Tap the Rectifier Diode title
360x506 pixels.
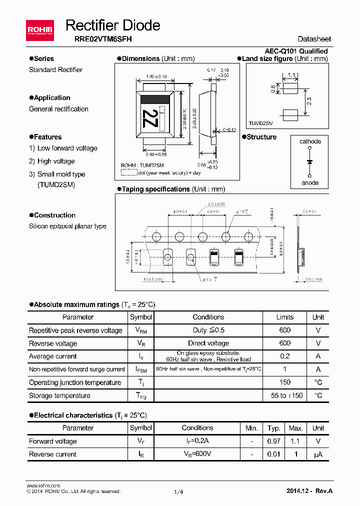pyautogui.click(x=113, y=25)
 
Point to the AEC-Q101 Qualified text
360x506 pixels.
pyautogui.click(x=296, y=51)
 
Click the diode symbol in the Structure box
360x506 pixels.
pyautogui.click(x=310, y=162)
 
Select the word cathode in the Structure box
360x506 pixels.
pyautogui.click(x=310, y=141)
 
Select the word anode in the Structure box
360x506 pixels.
pyautogui.click(x=310, y=182)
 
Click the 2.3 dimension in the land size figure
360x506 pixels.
pyautogui.click(x=309, y=101)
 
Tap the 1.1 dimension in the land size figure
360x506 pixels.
pyautogui.click(x=292, y=76)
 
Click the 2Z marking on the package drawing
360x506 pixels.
pyautogui.click(x=148, y=119)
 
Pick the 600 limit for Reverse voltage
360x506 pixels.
pyautogui.click(x=285, y=343)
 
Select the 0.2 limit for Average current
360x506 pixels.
pyautogui.click(x=285, y=356)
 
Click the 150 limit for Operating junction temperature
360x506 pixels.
pyautogui.click(x=285, y=382)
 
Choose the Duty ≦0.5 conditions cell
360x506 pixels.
pyautogui.click(x=208, y=330)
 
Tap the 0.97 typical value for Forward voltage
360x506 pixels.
pyautogui.click(x=273, y=441)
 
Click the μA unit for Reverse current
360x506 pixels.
pyautogui.click(x=318, y=454)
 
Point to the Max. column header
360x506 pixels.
pyautogui.click(x=296, y=428)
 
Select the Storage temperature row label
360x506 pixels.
pyautogui.click(x=60, y=395)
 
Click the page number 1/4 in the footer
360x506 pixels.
pyautogui.click(x=178, y=492)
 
